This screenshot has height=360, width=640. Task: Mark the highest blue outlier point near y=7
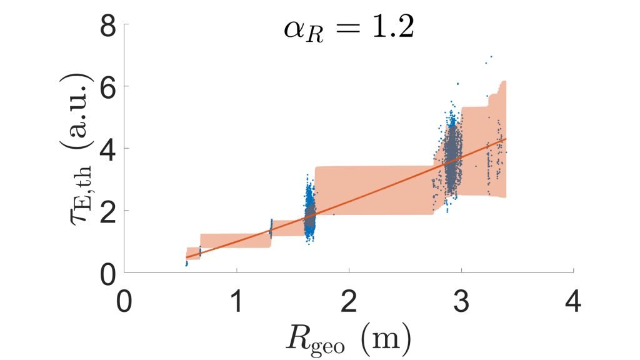pyautogui.click(x=491, y=57)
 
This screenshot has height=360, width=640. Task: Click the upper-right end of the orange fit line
pyautogui.click(x=505, y=139)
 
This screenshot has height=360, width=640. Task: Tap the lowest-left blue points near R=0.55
pyautogui.click(x=186, y=264)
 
